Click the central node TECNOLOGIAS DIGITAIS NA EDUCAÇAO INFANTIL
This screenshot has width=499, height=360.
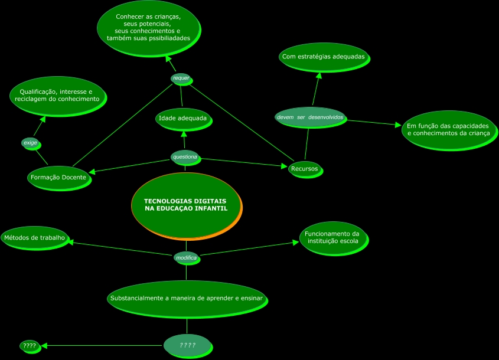click(x=185, y=205)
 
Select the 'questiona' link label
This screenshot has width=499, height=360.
click(x=185, y=157)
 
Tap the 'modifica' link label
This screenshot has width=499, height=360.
click(x=186, y=258)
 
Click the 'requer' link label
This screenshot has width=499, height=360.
click(x=181, y=78)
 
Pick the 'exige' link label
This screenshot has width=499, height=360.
click(x=30, y=143)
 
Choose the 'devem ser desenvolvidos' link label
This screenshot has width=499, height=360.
click(x=310, y=117)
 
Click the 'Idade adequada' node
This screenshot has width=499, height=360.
click(x=183, y=119)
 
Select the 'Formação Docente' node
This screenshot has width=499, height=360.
click(x=58, y=178)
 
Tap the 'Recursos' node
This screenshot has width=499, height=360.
click(x=305, y=169)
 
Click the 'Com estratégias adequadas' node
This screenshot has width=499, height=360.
click(x=324, y=57)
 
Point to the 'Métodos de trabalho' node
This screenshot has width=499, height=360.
click(x=34, y=238)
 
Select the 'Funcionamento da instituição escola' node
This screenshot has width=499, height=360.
click(x=332, y=237)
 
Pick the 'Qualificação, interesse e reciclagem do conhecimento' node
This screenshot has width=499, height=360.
click(x=57, y=96)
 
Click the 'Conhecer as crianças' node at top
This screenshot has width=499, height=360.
click(x=148, y=28)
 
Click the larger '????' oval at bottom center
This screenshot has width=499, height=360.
click(x=187, y=345)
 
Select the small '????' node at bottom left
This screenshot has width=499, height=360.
click(x=29, y=346)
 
